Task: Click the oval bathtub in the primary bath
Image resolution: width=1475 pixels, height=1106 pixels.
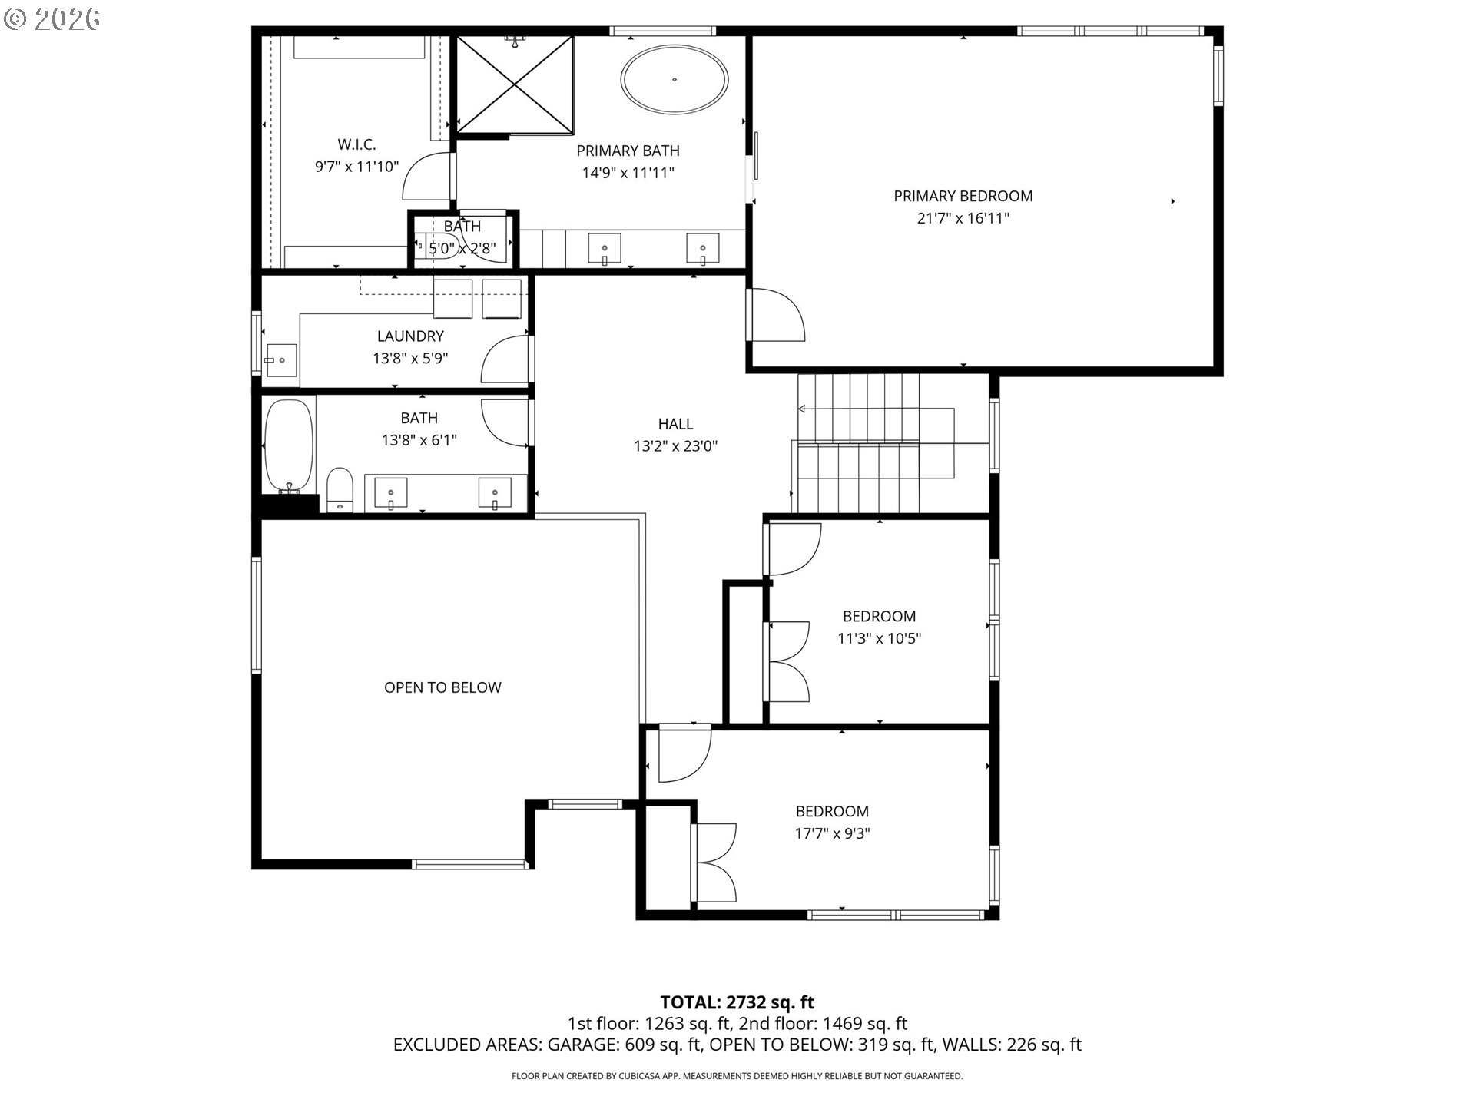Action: tap(675, 80)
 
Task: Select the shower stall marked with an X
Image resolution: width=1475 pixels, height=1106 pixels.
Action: tap(515, 84)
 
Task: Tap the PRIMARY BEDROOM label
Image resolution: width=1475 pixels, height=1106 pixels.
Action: tap(963, 196)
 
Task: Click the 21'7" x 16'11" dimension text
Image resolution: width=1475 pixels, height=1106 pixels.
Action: tap(963, 218)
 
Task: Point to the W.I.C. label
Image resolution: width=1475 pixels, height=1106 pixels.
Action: tap(356, 144)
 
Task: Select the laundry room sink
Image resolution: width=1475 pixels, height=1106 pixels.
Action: tap(280, 359)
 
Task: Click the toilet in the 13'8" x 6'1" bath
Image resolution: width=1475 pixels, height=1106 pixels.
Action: tap(340, 490)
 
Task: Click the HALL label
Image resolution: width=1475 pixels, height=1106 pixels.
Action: tap(675, 423)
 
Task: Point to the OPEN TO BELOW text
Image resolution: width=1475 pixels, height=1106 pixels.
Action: tap(442, 687)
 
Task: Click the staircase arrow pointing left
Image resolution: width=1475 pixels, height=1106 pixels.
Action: tap(804, 409)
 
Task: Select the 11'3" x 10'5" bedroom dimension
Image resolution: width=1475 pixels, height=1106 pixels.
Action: tap(879, 638)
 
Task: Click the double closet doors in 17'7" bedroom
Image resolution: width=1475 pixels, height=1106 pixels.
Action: tap(714, 863)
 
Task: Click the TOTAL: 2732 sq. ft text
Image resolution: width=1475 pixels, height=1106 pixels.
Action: tap(737, 1002)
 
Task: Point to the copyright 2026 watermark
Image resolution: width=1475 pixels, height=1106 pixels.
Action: tap(51, 18)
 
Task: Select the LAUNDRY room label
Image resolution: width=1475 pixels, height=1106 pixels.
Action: tap(410, 336)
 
